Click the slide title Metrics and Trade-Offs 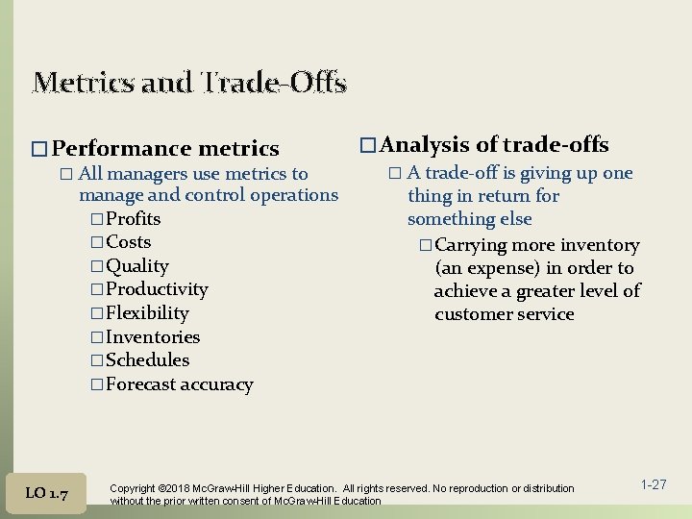(x=188, y=83)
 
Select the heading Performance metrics (x=165, y=148)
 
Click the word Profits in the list (x=133, y=219)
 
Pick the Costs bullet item (x=128, y=242)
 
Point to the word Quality (x=136, y=266)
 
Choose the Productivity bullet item (x=157, y=289)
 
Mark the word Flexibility (x=147, y=313)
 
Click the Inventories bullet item (x=153, y=337)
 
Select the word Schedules (x=147, y=360)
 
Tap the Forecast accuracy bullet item (x=179, y=384)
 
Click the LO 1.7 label (x=46, y=493)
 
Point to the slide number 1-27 (x=653, y=484)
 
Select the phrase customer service (x=504, y=314)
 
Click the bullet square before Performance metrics (x=38, y=149)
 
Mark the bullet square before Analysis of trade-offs (x=366, y=146)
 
